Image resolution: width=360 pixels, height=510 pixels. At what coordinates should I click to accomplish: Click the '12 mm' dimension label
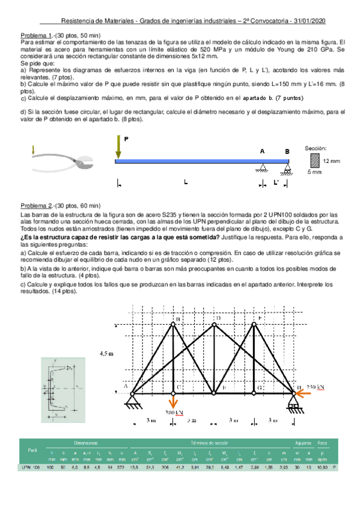coord(331,161)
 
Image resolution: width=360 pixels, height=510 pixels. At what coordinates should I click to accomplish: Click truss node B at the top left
coord(173,324)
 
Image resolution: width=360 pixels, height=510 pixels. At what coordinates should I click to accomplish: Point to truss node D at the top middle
coord(214,324)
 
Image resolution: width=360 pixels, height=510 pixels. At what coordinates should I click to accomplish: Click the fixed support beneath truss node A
coord(133,402)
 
